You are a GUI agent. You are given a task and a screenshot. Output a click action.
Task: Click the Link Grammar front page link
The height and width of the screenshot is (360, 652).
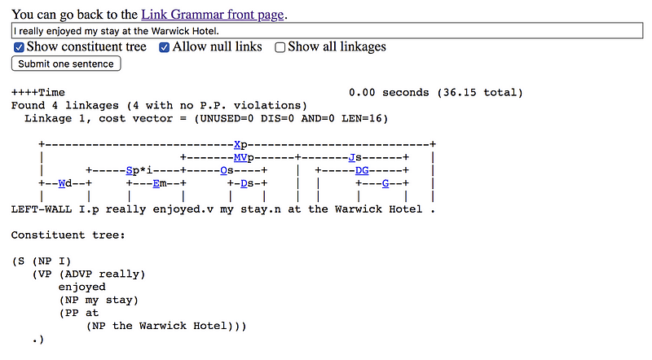coord(214,14)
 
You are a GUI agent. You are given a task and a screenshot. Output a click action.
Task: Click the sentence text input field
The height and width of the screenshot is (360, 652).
coord(326,30)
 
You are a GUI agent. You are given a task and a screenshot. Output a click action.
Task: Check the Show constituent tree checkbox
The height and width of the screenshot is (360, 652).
coord(20,47)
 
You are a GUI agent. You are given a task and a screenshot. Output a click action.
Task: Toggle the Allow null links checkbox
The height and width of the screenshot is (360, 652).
coord(165,47)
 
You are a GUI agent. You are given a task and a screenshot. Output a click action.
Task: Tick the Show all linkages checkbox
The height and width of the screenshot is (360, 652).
coord(280,47)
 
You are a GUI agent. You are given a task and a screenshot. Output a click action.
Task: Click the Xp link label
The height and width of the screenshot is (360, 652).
coord(240,144)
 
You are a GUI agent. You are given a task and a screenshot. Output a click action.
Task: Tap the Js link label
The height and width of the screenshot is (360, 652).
coord(354,157)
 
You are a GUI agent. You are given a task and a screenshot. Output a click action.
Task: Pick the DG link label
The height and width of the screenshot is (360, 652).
coord(361,170)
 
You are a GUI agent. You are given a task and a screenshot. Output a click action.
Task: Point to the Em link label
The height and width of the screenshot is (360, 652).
coord(160,183)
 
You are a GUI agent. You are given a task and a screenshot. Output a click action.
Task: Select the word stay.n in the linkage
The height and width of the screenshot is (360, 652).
coord(254,209)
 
